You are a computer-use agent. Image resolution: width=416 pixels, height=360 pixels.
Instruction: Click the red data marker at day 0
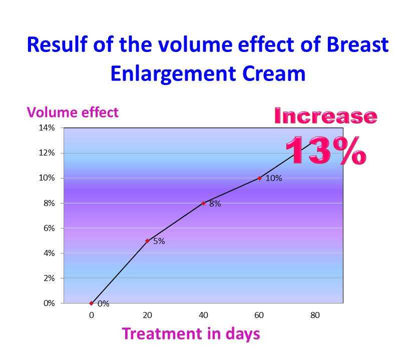coord(91,303)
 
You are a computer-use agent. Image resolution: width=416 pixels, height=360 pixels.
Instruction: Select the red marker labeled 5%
coord(147,240)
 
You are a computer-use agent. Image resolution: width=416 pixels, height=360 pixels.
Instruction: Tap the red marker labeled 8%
coord(203,203)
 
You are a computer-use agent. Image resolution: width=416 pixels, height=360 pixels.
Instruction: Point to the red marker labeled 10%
coord(259,178)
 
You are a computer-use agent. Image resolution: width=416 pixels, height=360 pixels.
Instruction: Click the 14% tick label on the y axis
coord(47,128)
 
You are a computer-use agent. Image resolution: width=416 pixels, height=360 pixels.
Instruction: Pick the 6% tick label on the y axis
coord(49,228)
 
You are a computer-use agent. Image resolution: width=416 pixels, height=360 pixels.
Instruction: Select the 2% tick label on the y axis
coord(49,278)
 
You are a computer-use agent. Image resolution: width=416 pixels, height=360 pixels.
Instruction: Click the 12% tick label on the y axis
coord(47,153)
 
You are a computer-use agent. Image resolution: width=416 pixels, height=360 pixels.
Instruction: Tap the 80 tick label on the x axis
coord(315,315)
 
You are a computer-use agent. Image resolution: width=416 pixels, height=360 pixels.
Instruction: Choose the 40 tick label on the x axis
coord(203,315)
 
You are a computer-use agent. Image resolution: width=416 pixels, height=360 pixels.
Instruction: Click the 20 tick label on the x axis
coord(147,315)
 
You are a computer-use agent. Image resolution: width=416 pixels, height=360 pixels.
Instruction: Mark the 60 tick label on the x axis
coord(259,315)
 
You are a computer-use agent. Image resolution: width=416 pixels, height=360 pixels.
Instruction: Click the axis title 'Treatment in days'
coord(191,333)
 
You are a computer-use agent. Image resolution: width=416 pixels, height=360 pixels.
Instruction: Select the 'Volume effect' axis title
coord(73,112)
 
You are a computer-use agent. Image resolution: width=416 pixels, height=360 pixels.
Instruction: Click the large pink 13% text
coord(325,150)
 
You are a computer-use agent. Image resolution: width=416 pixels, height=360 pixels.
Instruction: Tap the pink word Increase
coord(325,116)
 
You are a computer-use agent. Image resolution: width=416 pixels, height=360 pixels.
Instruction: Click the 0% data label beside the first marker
coord(103,303)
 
